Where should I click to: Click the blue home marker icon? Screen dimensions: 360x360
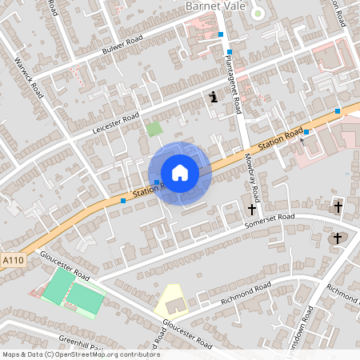coord(179,173)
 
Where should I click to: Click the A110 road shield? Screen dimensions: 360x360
coord(13,261)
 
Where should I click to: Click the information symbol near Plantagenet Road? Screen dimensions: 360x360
coord(213,98)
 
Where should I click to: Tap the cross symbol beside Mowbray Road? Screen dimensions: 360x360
coord(252,210)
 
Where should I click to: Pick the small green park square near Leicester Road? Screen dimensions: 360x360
coord(154,128)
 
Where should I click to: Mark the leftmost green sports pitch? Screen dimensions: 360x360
coord(55,285)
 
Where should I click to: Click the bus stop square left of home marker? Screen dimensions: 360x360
coord(123,200)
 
